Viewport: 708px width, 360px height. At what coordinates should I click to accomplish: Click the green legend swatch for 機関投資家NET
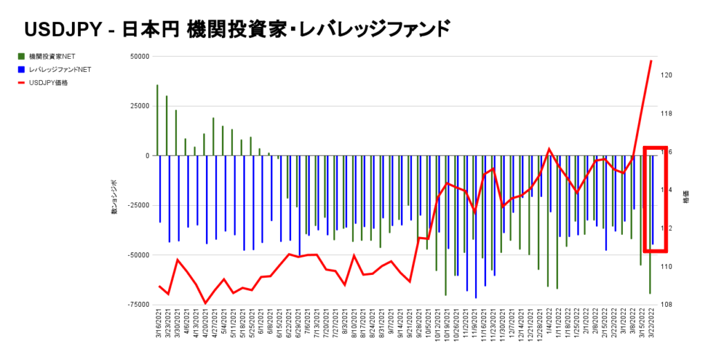21,56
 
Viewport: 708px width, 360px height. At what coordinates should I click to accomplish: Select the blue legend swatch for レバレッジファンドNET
21,69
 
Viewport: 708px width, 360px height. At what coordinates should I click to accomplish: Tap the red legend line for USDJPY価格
21,83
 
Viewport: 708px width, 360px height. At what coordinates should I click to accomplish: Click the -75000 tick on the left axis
138,305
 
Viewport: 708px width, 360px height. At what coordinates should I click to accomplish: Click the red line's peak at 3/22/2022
651,61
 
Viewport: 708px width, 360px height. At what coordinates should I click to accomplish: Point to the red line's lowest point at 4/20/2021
205,303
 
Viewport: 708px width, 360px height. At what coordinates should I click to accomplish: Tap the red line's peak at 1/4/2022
549,149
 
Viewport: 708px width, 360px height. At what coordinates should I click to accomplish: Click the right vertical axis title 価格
687,197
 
